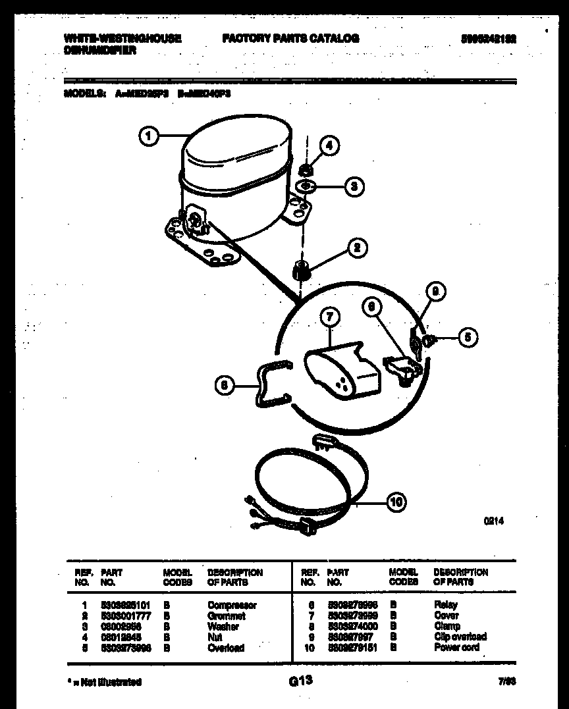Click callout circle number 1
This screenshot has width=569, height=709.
(149, 136)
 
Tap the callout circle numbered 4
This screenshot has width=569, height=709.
(330, 146)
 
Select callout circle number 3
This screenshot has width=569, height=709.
(354, 186)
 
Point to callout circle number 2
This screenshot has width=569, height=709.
(357, 248)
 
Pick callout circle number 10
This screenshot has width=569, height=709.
(396, 503)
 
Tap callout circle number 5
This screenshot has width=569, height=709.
(467, 338)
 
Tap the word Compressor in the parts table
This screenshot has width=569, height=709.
(232, 605)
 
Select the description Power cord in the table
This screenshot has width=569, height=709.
(456, 647)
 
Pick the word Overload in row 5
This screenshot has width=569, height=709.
(225, 647)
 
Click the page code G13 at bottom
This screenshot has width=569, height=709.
(300, 681)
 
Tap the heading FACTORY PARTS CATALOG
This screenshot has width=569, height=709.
(290, 39)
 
